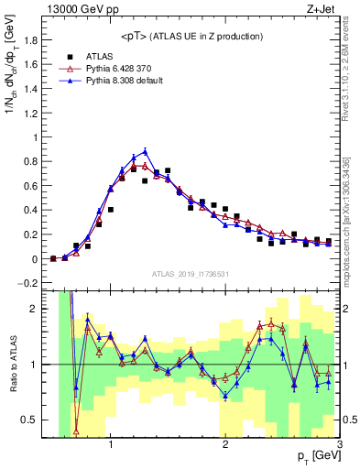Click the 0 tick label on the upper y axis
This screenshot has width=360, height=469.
[x=37, y=259]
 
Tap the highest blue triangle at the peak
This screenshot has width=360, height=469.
[x=145, y=152]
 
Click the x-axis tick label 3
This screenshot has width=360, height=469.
[x=339, y=446]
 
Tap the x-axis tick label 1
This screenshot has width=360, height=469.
[x=111, y=446]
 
